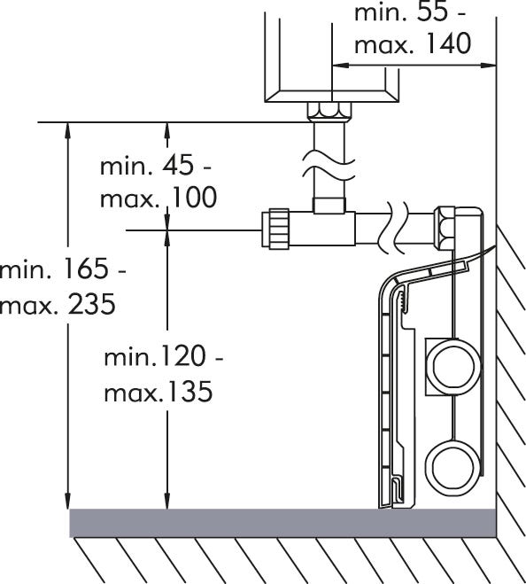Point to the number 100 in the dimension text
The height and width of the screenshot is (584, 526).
pos(194,197)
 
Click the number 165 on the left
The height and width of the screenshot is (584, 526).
pos(87,268)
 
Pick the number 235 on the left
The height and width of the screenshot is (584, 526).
pos(92,304)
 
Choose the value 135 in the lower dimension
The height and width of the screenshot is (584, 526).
pos(190,391)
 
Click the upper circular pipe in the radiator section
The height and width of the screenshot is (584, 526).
pos(453,368)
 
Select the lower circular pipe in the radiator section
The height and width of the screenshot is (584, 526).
pos(453,468)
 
